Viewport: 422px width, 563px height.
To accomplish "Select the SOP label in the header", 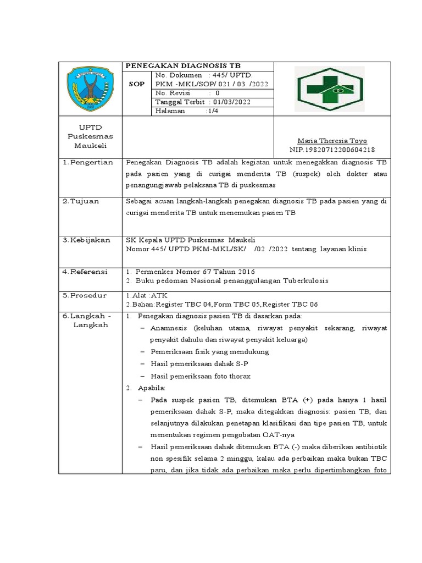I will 136,84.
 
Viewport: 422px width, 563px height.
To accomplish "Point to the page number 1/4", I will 212,111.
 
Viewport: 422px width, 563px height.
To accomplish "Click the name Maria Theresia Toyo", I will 332,141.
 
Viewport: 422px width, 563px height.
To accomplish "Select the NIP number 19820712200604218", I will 332,150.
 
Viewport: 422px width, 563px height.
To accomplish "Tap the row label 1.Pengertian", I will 87,162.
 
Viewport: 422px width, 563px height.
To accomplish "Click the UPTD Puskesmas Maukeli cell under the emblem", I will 90,136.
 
